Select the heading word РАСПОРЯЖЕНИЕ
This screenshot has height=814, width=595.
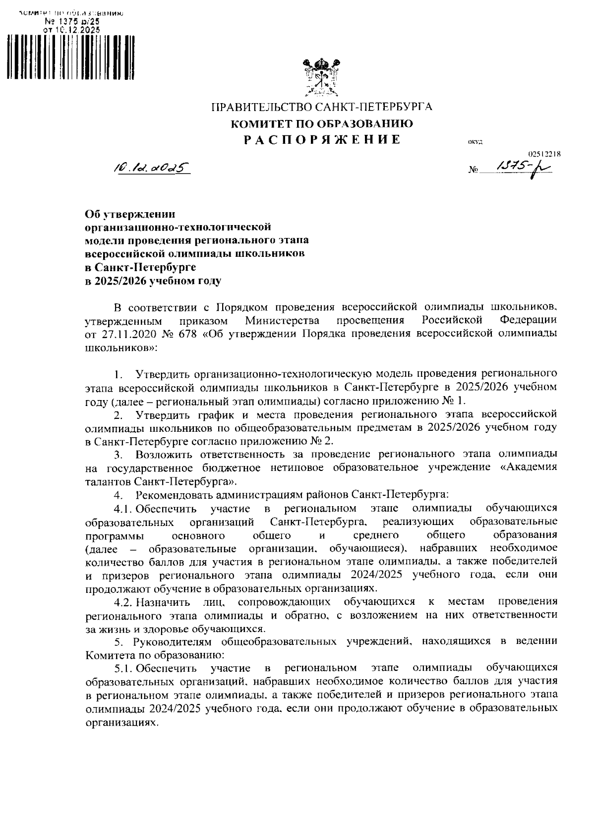coord(322,139)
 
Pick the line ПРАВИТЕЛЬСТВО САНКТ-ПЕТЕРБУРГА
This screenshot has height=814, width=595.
coord(322,107)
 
